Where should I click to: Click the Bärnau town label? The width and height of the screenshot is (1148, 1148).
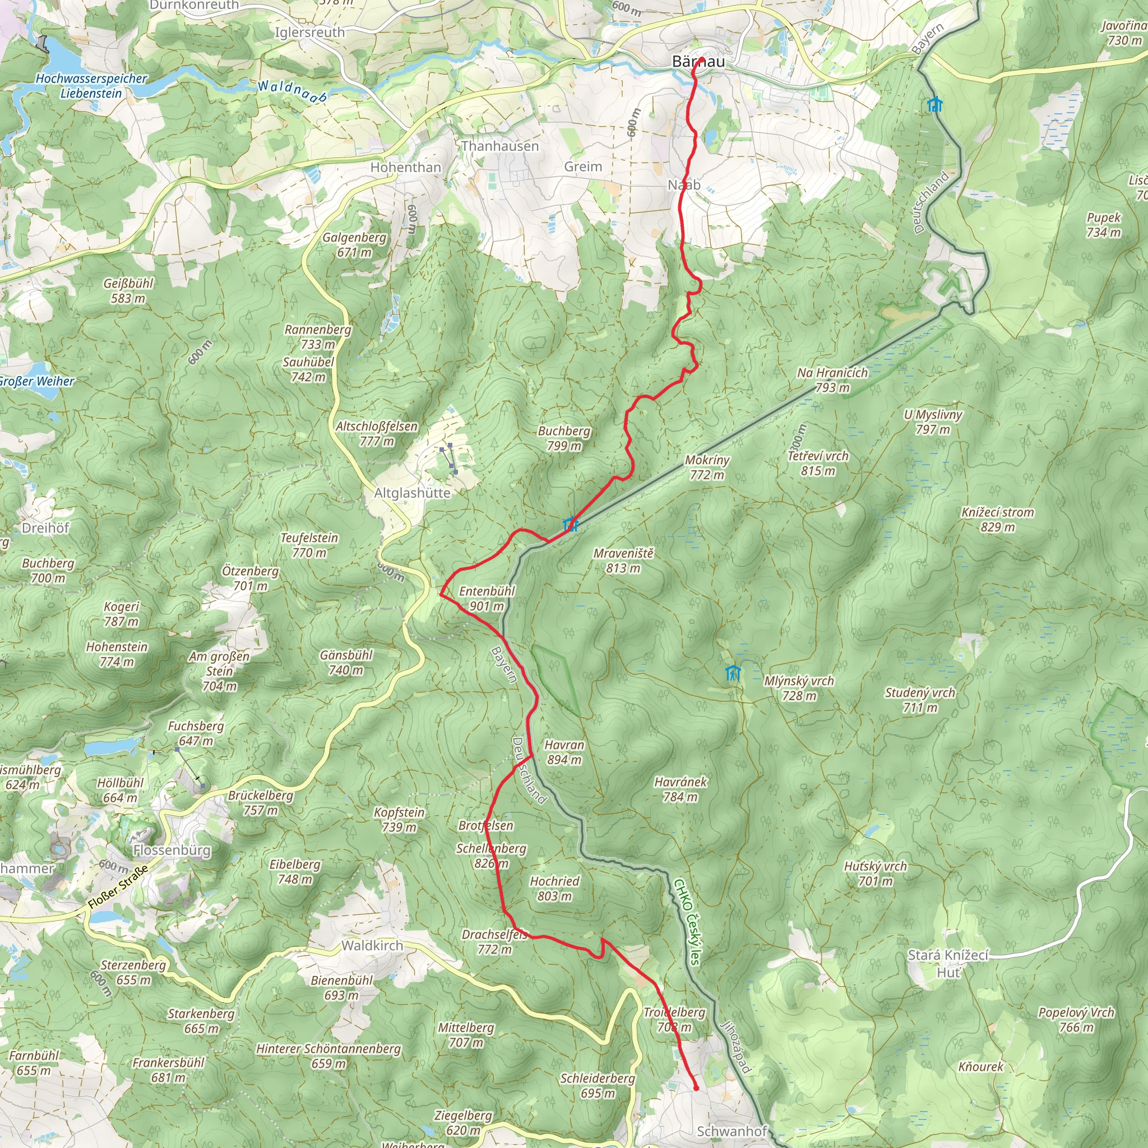point(698,61)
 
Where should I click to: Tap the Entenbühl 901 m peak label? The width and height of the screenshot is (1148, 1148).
point(486,598)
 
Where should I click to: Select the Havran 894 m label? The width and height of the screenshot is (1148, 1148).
point(564,752)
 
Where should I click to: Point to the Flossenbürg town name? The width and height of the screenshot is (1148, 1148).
point(172,850)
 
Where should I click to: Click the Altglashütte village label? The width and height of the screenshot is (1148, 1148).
point(412,493)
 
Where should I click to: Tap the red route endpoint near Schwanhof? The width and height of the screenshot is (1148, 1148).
point(696,1088)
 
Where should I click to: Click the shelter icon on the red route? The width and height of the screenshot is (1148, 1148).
point(570,524)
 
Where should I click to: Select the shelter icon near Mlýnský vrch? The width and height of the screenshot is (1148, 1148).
point(733,673)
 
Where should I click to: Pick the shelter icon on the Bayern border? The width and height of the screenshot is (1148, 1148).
point(934,105)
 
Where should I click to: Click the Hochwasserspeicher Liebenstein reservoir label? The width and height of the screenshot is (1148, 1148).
point(91,86)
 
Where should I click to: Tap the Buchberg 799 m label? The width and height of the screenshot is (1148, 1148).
point(564,438)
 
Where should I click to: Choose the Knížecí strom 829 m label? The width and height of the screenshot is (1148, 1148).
point(998,519)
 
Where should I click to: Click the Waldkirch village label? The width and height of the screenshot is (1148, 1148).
point(372,946)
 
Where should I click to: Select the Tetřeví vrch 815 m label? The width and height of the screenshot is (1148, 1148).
point(818,463)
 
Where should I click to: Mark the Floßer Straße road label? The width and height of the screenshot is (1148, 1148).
point(118,887)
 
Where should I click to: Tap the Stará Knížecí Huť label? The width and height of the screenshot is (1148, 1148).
point(948,963)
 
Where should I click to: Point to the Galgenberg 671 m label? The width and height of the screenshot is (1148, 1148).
point(354,244)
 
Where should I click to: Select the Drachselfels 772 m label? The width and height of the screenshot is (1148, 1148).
point(494,942)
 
